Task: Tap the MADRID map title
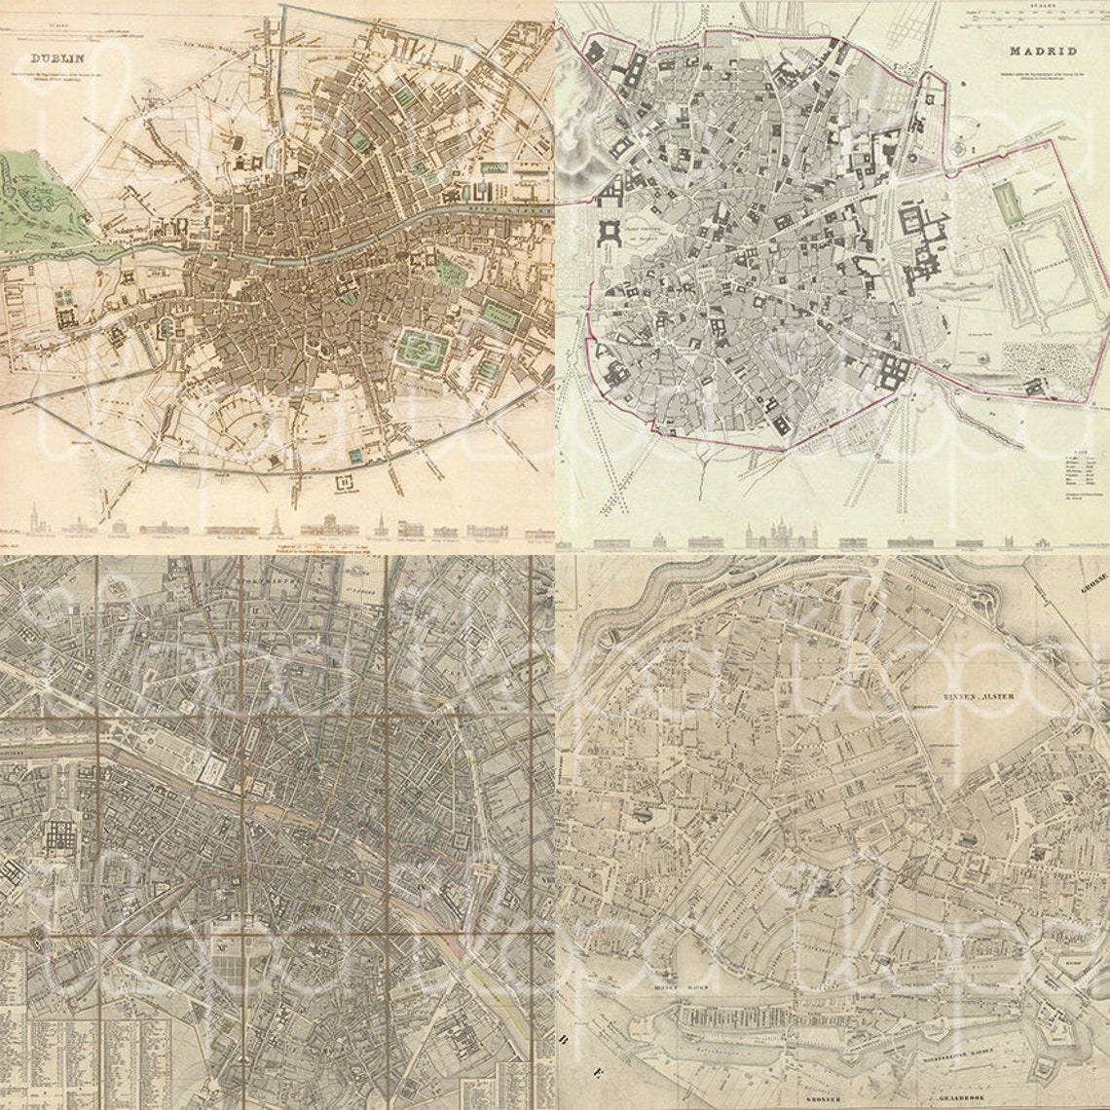pos(1042,51)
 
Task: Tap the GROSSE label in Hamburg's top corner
pos(1091,584)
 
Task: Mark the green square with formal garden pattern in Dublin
pos(422,350)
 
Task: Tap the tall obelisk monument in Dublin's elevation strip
pos(276,523)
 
